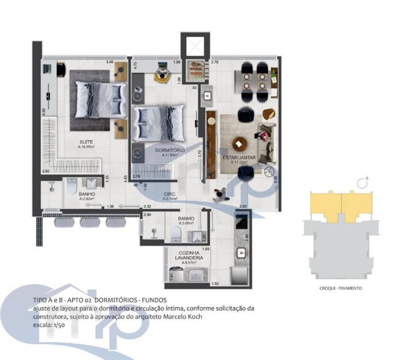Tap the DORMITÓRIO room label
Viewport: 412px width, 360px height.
[170, 150]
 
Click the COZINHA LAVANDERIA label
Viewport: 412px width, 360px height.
[187, 255]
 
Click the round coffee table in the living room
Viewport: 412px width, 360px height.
[239, 144]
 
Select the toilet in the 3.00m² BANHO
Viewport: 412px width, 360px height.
[176, 235]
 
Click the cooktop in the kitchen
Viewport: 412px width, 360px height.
[241, 222]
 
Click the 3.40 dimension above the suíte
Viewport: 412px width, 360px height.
[109, 62]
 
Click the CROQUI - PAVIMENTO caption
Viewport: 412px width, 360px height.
[341, 288]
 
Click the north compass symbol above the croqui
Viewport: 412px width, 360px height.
[363, 183]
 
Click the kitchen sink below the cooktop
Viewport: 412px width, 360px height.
[240, 252]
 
